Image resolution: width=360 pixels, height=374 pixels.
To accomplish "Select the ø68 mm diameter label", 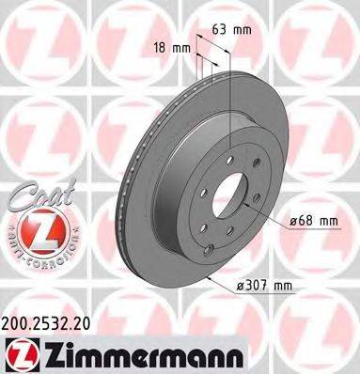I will click(x=313, y=222).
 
